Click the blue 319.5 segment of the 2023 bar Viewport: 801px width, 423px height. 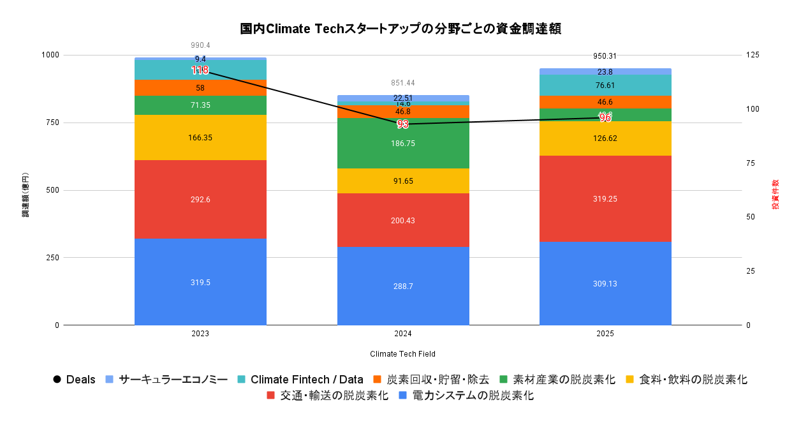pyautogui.click(x=200, y=281)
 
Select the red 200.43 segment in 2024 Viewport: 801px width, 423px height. pyautogui.click(x=402, y=220)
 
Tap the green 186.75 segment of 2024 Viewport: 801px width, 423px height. pyautogui.click(x=402, y=144)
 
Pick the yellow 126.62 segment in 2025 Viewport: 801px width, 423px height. pyautogui.click(x=605, y=138)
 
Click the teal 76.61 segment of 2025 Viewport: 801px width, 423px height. pyautogui.click(x=605, y=85)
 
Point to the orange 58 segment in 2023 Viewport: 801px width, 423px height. pyautogui.click(x=200, y=88)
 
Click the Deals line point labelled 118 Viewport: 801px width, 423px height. pyautogui.click(x=200, y=70)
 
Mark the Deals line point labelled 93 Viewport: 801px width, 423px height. pyautogui.click(x=402, y=124)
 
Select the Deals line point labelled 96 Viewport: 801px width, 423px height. pyautogui.click(x=605, y=117)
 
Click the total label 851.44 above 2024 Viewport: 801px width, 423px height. pyautogui.click(x=402, y=83)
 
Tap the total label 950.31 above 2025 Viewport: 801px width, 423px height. pyautogui.click(x=605, y=56)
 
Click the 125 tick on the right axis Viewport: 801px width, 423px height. pyautogui.click(x=753, y=56)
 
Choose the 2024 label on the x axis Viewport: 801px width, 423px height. pyautogui.click(x=402, y=334)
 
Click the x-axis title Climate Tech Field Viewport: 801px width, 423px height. pyautogui.click(x=402, y=353)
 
